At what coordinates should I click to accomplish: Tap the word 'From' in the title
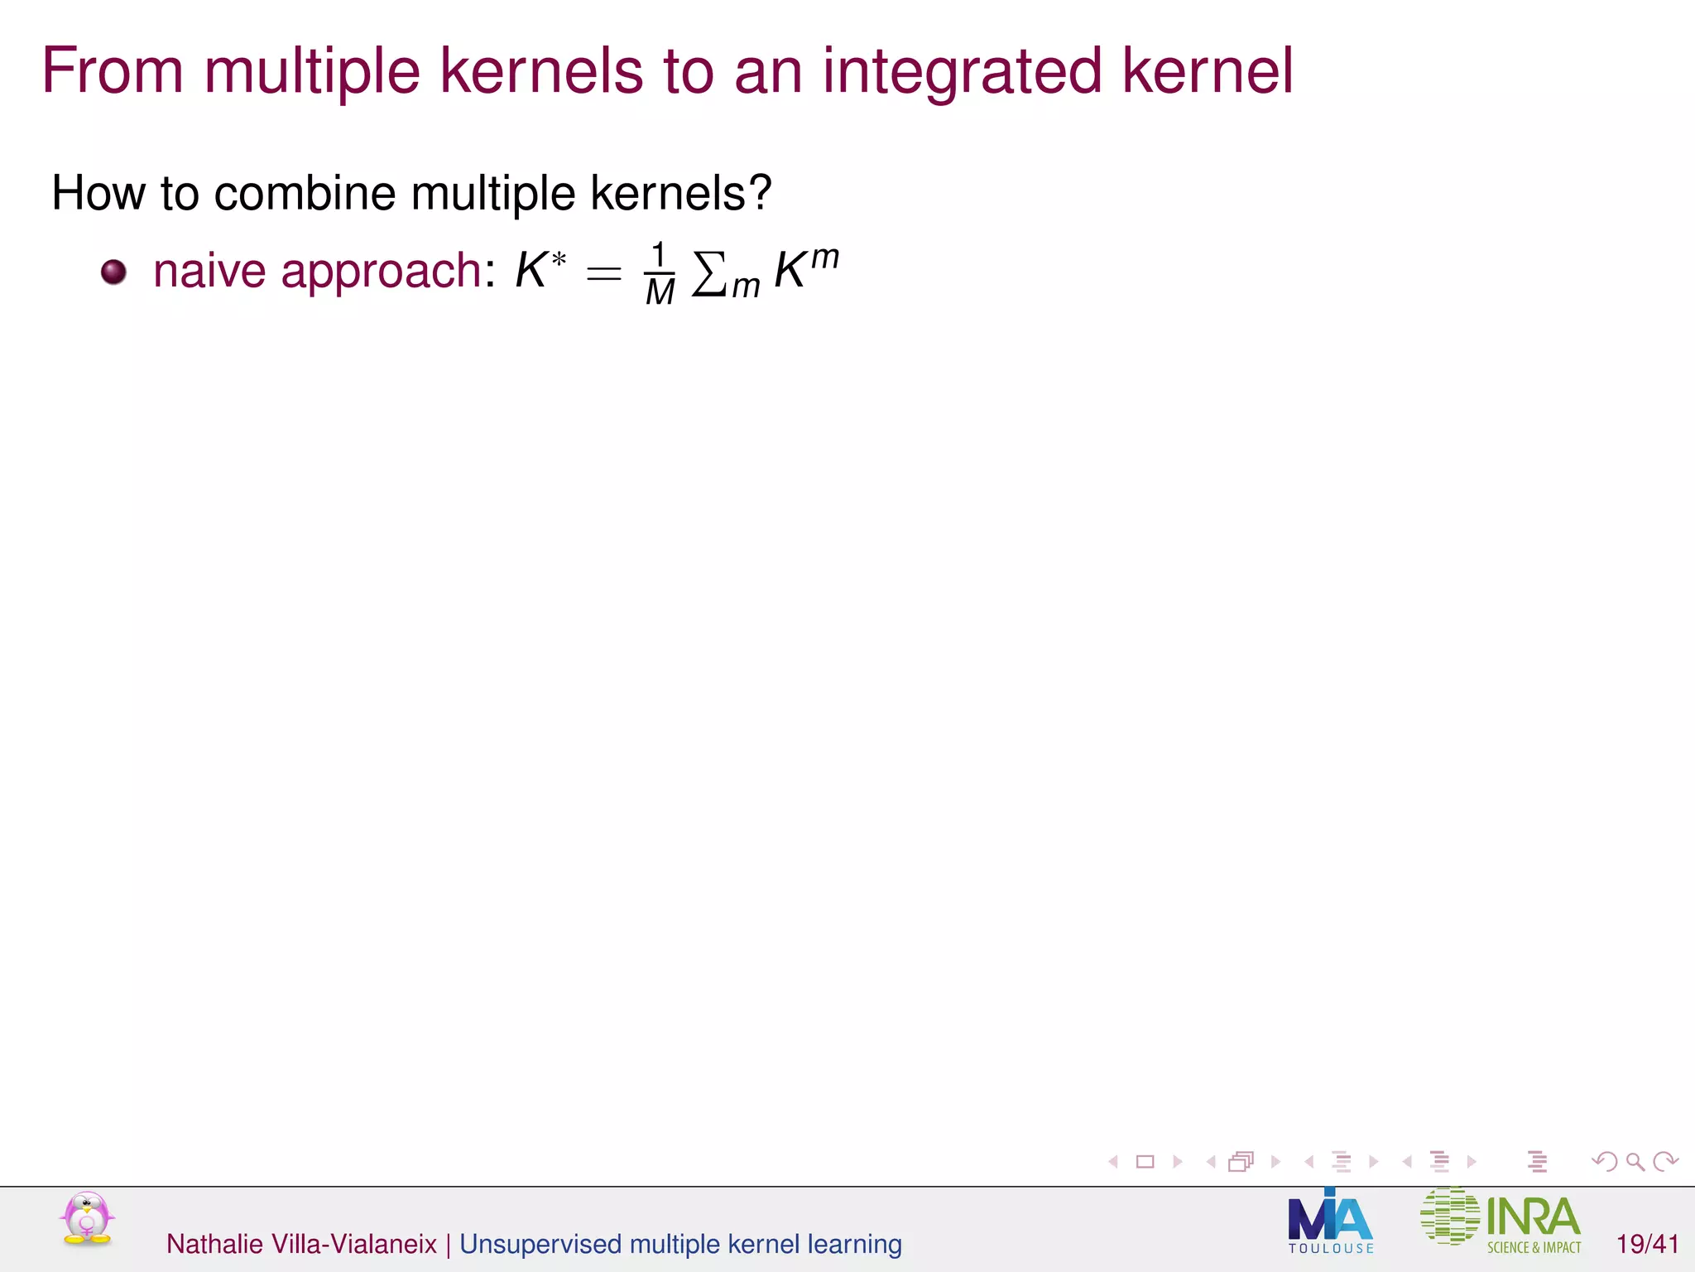113,71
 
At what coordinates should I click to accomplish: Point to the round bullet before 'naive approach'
113,272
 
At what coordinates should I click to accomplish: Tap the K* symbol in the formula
540,270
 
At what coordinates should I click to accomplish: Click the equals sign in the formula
603,272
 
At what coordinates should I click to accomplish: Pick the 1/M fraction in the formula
660,273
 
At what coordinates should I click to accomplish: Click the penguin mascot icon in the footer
87,1218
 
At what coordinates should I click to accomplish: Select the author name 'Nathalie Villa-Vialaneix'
301,1244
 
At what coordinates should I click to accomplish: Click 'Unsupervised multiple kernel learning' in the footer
680,1244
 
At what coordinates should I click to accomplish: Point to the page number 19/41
1647,1244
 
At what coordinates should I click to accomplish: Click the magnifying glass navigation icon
1635,1162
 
